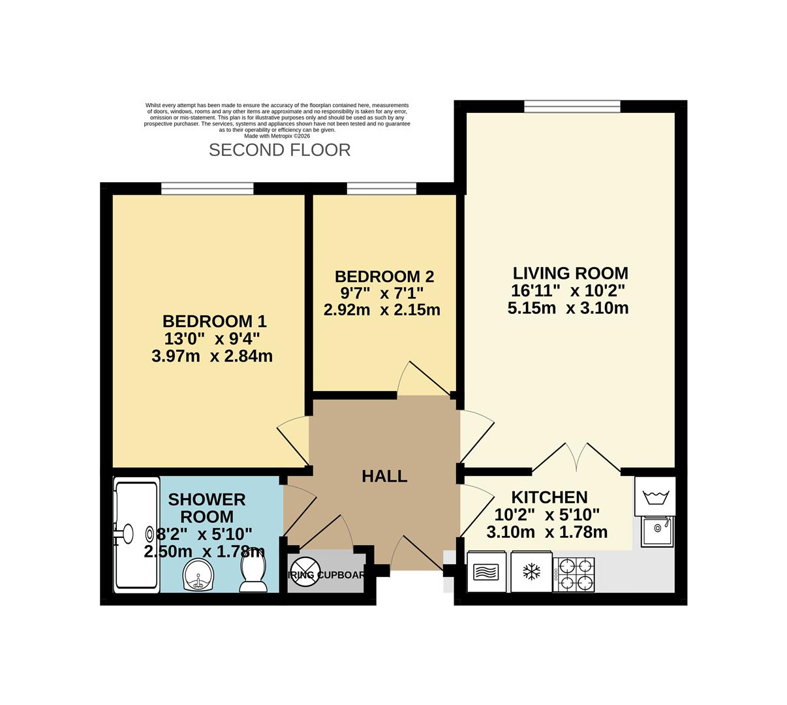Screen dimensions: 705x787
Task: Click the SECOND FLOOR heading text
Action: click(x=279, y=150)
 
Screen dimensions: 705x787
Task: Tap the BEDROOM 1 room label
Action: click(x=214, y=321)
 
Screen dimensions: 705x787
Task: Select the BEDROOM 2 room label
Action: click(x=384, y=276)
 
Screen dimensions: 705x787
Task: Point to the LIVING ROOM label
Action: click(x=570, y=273)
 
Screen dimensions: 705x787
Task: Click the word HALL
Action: click(x=384, y=477)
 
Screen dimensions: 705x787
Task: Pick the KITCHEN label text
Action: click(x=549, y=497)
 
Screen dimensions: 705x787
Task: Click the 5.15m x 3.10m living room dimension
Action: click(x=568, y=308)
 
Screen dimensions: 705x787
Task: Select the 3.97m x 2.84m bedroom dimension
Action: click(x=211, y=356)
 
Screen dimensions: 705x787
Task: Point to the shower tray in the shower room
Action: click(x=136, y=535)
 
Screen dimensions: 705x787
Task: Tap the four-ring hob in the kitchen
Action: click(x=574, y=574)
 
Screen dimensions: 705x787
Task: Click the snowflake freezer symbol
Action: click(x=531, y=572)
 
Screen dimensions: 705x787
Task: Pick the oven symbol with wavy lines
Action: click(x=487, y=572)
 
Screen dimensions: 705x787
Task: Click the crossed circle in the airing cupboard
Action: click(x=305, y=572)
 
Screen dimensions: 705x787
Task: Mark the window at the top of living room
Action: click(x=572, y=106)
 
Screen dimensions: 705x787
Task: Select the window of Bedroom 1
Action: click(x=208, y=189)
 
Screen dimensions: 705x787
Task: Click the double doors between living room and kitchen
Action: click(x=576, y=457)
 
